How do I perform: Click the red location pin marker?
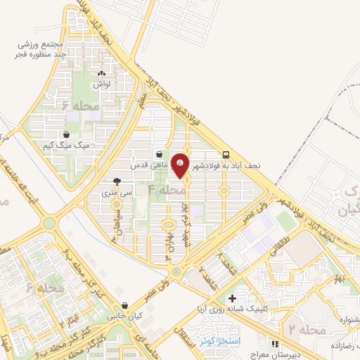tap(181, 166)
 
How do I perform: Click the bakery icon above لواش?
tap(102, 72)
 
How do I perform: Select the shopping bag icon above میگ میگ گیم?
tap(67, 134)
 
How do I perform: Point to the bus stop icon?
tap(226, 155)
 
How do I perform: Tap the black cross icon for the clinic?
tap(232, 299)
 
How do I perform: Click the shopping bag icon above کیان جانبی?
tap(124, 306)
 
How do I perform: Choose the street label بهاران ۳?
tap(169, 251)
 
